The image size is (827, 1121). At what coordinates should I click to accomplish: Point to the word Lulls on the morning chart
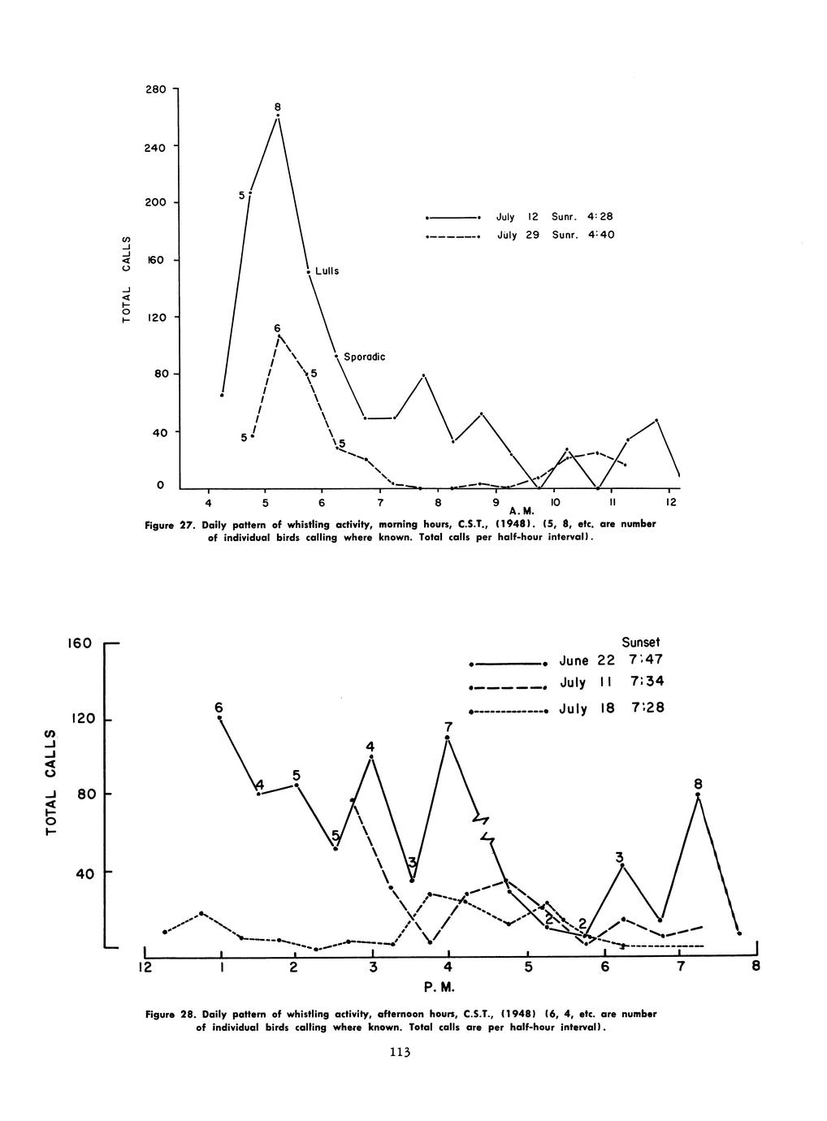click(327, 271)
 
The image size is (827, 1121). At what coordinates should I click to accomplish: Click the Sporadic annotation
click(364, 357)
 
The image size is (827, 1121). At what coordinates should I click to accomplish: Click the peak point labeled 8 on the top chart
click(278, 115)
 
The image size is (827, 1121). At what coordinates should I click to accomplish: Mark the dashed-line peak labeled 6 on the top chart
click(278, 335)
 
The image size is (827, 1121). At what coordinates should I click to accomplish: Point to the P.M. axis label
click(439, 988)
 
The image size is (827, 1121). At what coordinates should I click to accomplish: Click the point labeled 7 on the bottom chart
click(448, 738)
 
